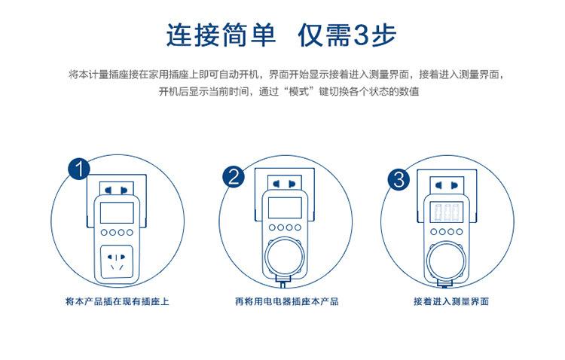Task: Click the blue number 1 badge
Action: click(x=79, y=169)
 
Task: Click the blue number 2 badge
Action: click(x=234, y=176)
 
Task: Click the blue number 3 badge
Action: click(x=399, y=179)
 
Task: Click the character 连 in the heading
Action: click(x=179, y=35)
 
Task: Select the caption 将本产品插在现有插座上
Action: click(x=118, y=301)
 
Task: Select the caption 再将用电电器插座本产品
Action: click(x=287, y=301)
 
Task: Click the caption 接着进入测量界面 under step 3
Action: click(x=451, y=301)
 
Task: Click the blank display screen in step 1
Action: click(x=117, y=212)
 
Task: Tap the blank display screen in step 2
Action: click(x=285, y=208)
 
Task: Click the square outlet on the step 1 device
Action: click(x=117, y=262)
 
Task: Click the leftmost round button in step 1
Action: click(x=104, y=233)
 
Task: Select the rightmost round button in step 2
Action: click(x=298, y=227)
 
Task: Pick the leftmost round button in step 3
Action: click(x=434, y=232)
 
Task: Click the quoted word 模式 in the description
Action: click(x=299, y=92)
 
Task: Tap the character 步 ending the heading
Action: click(x=384, y=35)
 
